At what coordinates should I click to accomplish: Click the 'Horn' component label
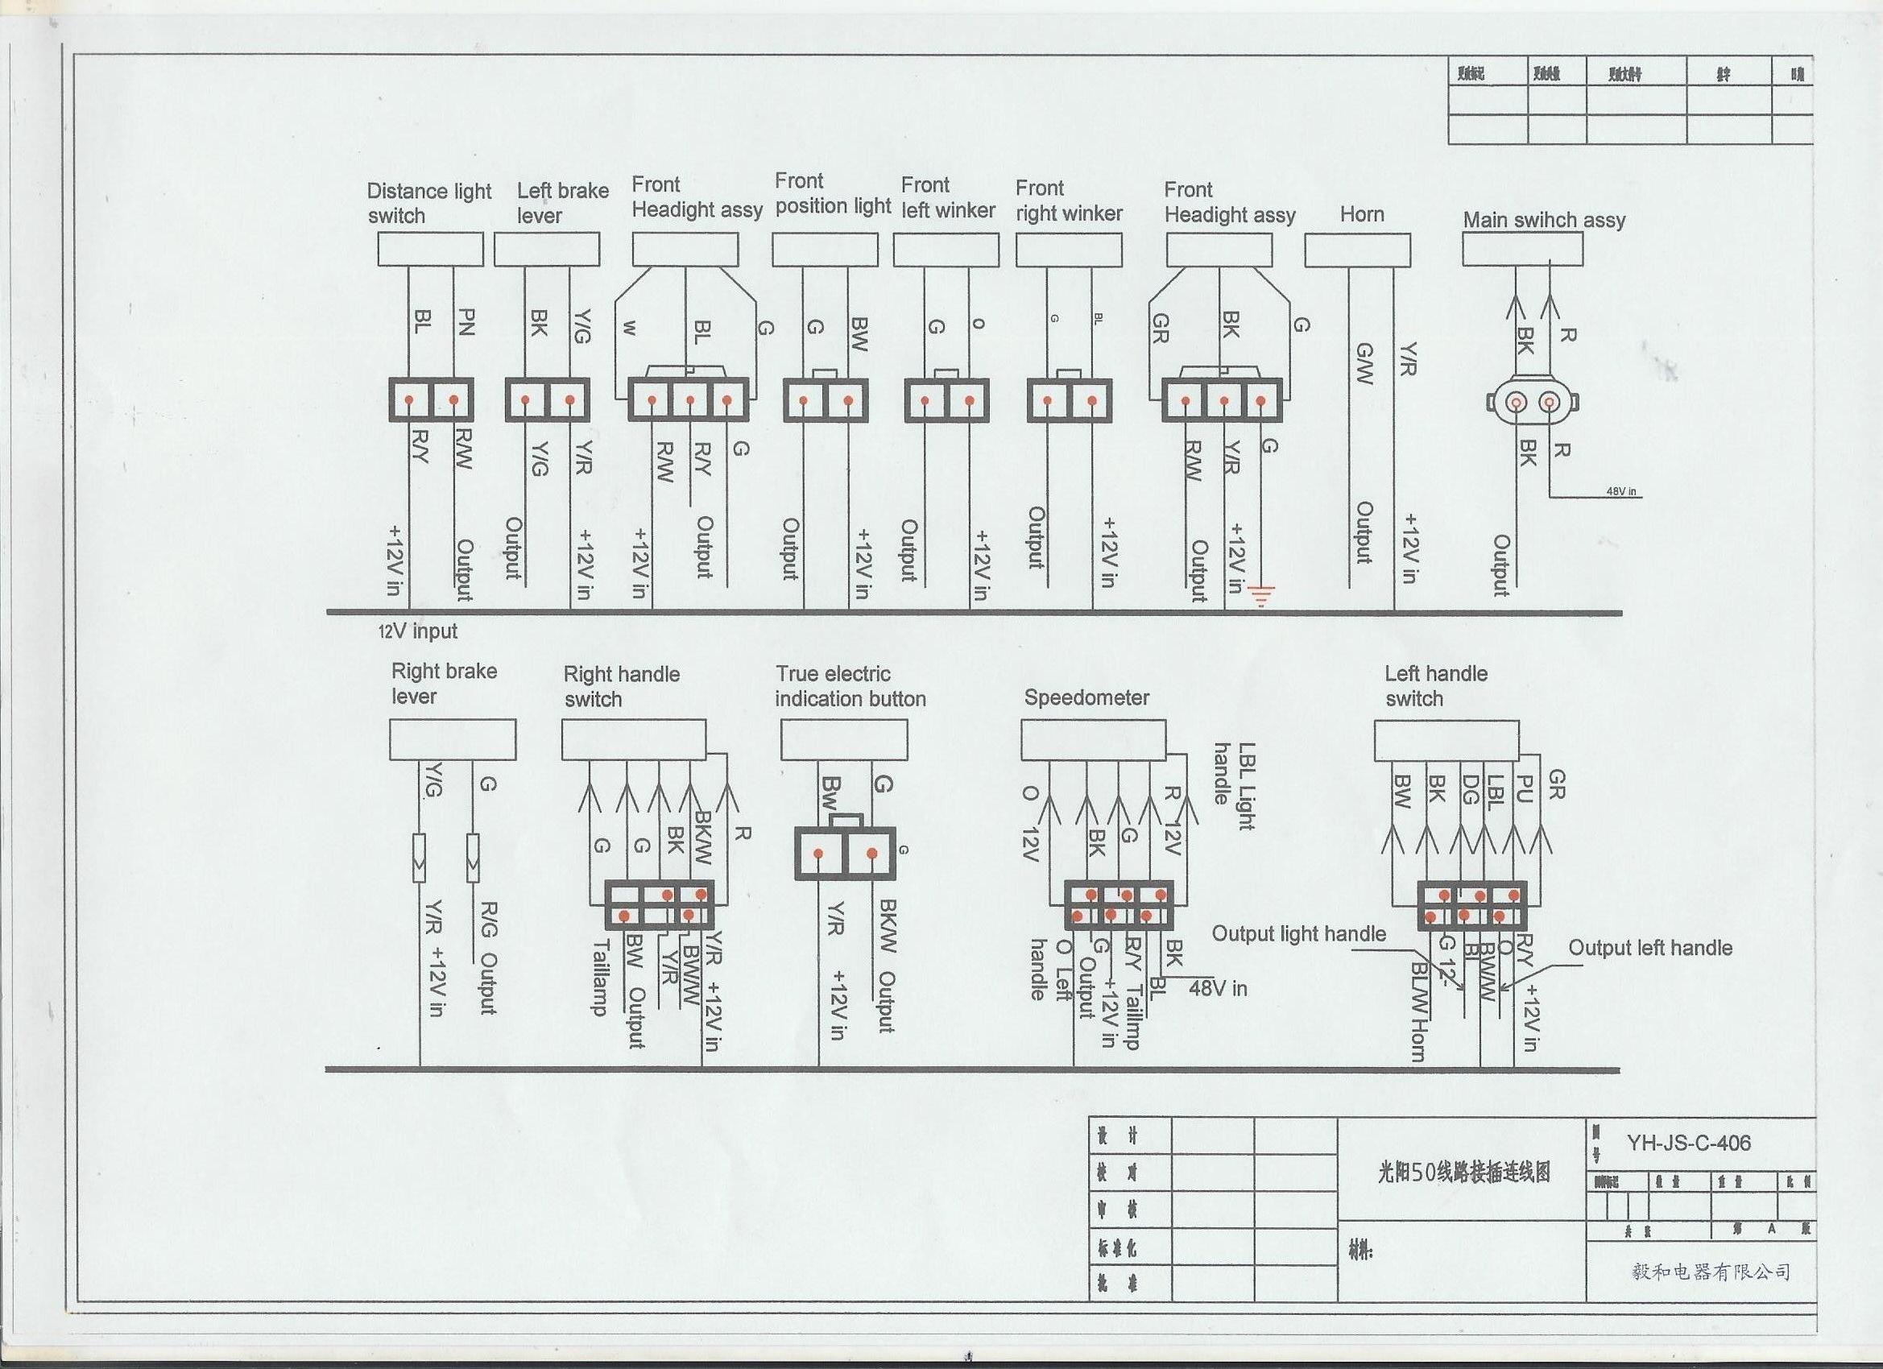coord(1362,214)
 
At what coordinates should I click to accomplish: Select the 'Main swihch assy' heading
coord(1543,220)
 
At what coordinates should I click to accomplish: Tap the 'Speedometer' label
coord(1086,697)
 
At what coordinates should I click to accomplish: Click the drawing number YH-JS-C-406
coord(1689,1144)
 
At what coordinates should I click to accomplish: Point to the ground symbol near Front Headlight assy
coord(1262,595)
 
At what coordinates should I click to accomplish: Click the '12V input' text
coord(419,631)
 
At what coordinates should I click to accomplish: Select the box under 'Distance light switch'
coord(430,249)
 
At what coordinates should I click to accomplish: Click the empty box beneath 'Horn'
coord(1356,250)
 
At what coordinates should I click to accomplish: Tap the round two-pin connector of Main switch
coord(1533,403)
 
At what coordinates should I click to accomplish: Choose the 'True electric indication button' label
coord(850,686)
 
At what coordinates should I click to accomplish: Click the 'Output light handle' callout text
coord(1298,934)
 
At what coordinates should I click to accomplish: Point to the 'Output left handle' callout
coord(1649,948)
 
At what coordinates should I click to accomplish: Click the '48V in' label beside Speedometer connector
coord(1217,988)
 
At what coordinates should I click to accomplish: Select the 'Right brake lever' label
coord(445,683)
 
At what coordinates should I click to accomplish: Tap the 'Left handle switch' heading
coord(1435,686)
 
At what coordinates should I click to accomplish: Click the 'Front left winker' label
coord(947,197)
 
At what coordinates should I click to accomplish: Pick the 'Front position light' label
coord(832,193)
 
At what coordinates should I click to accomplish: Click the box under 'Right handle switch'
coord(634,740)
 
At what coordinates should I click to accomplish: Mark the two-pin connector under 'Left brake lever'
coord(547,400)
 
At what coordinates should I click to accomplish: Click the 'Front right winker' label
coord(1069,201)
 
